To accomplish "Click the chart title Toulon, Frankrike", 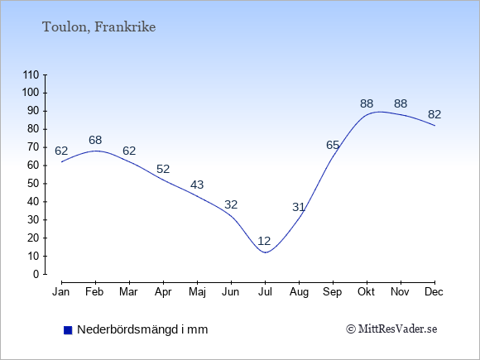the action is click(x=98, y=27).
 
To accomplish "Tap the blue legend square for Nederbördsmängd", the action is click(x=68, y=330).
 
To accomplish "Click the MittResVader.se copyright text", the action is click(x=391, y=329).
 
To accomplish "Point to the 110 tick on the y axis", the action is click(x=31, y=74).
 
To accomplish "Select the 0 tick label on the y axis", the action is click(x=36, y=274).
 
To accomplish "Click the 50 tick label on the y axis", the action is click(x=33, y=184).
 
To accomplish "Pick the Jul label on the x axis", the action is click(x=265, y=292).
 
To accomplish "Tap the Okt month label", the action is click(x=366, y=292).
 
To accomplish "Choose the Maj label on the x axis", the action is click(x=197, y=292).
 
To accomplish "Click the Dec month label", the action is click(x=434, y=292).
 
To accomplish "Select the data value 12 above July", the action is click(x=264, y=241).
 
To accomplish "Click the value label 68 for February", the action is click(x=95, y=140).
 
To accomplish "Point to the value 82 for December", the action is click(x=434, y=114).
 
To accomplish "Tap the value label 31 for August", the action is click(x=299, y=207).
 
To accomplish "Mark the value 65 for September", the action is click(x=333, y=145).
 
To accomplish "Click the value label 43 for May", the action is click(x=197, y=185).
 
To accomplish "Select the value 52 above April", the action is click(x=163, y=169).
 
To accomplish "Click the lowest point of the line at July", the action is click(x=265, y=252).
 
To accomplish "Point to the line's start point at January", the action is click(x=62, y=162).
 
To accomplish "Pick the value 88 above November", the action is click(x=401, y=104).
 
